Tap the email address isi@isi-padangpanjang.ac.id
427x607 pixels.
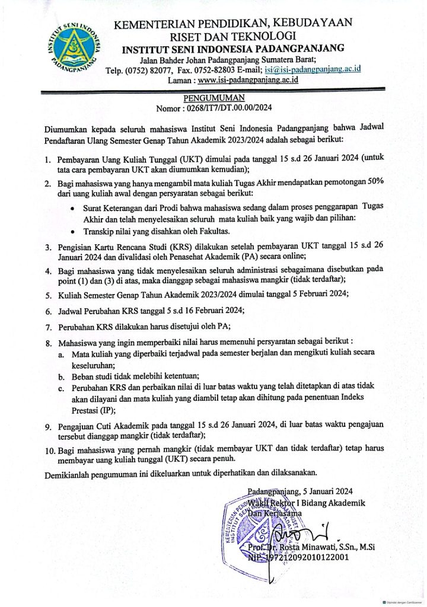315,69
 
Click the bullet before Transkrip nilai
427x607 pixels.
72,232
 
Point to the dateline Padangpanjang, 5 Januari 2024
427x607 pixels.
301,491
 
